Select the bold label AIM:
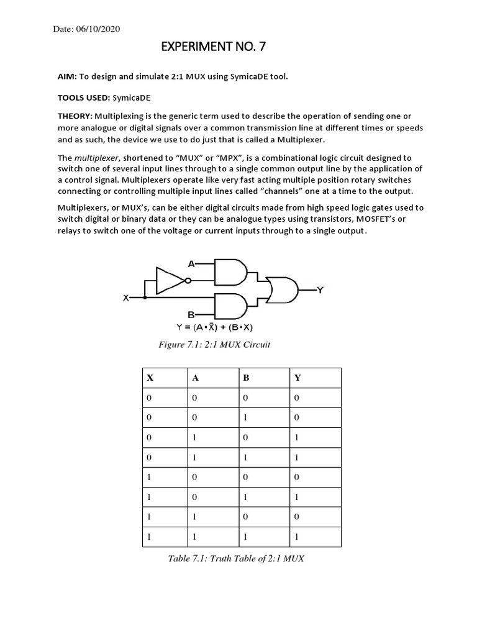(x=67, y=76)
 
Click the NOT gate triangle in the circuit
(x=168, y=281)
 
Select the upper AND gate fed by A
(x=230, y=271)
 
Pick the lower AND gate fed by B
(x=230, y=306)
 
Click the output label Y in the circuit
(x=320, y=289)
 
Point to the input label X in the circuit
(x=125, y=298)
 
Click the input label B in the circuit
(x=191, y=316)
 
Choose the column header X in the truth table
(x=149, y=378)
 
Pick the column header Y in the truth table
(x=296, y=378)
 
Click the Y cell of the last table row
(x=296, y=536)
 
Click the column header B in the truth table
(x=247, y=378)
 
